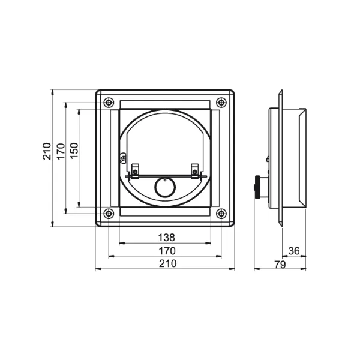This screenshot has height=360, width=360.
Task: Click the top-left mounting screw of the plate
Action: point(109,103)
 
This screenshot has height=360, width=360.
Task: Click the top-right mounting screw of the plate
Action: point(221,103)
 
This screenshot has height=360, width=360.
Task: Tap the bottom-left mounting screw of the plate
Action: point(109,214)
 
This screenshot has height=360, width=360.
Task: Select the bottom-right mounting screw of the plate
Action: point(221,214)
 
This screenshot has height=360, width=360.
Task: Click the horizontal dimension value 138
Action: point(166,238)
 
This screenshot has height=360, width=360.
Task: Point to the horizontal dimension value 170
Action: point(167,251)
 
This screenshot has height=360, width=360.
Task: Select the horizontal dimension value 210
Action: point(168,263)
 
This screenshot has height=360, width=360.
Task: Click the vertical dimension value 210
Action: point(47,151)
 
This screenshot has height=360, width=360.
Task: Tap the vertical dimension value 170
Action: point(61,151)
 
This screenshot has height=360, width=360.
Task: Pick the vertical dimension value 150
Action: point(74,151)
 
